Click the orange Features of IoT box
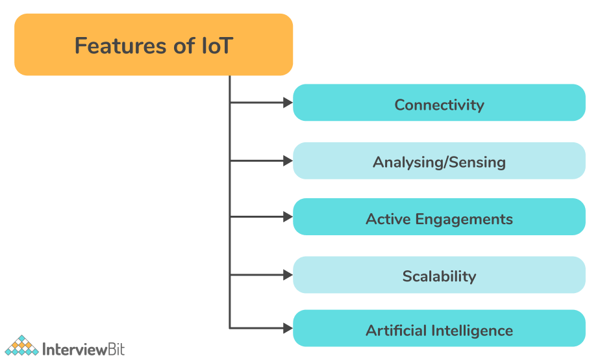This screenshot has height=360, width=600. pos(153,44)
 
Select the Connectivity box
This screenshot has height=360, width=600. pos(439,103)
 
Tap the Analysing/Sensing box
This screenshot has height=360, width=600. pos(439,161)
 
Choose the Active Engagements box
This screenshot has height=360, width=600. pos(439,217)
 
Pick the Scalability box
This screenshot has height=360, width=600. pos(439,275)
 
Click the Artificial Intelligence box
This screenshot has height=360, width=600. pos(439,328)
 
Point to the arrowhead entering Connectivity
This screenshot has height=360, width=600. pos(288,103)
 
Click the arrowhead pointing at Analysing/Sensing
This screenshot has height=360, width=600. pos(288,161)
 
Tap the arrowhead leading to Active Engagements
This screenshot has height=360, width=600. pos(288,217)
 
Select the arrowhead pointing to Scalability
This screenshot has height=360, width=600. pos(288,275)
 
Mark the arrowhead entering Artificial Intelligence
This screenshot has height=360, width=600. pos(288,328)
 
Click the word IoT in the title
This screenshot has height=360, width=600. pos(217,46)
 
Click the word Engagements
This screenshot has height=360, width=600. pos(464,220)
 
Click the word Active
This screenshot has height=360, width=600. pos(388,219)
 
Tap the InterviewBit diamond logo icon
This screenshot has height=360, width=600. pos(21,346)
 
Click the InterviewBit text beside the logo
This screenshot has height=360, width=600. pos(83,349)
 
